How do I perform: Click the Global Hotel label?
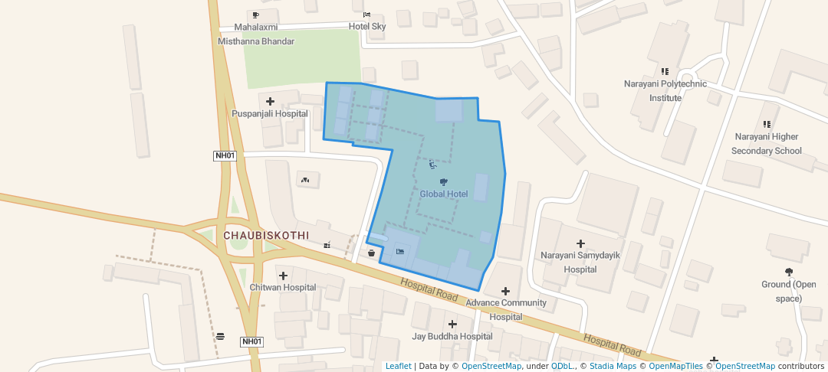click(x=443, y=194)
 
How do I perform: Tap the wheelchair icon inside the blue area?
click(x=432, y=163)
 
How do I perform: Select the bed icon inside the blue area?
click(x=399, y=251)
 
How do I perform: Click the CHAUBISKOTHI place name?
click(x=266, y=236)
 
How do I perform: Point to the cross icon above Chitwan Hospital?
click(x=283, y=276)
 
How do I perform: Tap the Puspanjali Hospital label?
click(x=270, y=114)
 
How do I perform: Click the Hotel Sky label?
click(x=367, y=26)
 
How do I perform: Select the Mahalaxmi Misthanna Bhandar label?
click(x=256, y=34)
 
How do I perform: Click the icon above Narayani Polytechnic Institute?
click(x=665, y=71)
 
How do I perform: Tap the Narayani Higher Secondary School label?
click(x=766, y=144)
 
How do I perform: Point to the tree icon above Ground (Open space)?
click(x=788, y=272)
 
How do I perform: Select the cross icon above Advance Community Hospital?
click(x=505, y=291)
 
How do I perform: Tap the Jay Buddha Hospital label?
click(x=452, y=336)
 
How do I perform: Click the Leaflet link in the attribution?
click(x=398, y=366)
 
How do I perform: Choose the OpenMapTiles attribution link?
click(x=675, y=366)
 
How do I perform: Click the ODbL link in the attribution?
click(x=563, y=366)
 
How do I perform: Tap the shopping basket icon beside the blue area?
click(x=372, y=253)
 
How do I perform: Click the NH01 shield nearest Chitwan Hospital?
click(x=251, y=341)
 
